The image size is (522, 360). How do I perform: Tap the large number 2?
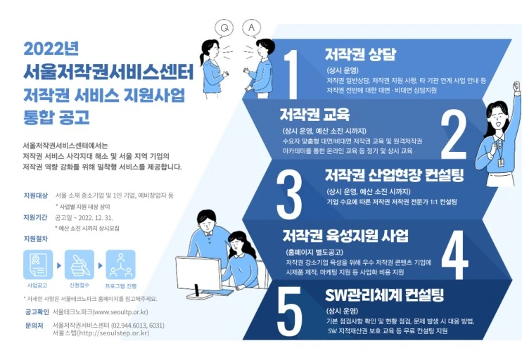coord(453,131)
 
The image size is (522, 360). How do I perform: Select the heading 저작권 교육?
coord(314,114)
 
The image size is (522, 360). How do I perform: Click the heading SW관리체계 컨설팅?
coord(385,293)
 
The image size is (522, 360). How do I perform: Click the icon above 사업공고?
coord(37,265)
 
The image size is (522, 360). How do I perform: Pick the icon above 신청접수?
coord(79,265)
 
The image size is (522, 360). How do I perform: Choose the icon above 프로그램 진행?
coord(120,265)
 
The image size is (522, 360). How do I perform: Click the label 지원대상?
coord(34,194)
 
